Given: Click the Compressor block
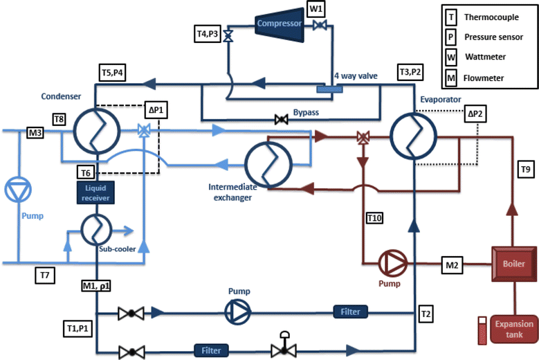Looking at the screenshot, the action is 280,24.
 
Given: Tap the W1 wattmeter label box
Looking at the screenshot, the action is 316,9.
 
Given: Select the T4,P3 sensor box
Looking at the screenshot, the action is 208,34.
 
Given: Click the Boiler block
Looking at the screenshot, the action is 514,264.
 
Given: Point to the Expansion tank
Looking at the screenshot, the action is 514,329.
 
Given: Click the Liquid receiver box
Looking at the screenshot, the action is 95,192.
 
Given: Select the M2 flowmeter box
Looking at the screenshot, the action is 452,265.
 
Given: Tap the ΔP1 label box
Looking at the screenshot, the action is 156,110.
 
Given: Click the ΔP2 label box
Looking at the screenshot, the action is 475,114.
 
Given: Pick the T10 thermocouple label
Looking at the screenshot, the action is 374,218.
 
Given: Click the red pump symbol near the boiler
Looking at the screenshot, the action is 393,263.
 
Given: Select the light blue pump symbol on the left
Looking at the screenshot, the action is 18,190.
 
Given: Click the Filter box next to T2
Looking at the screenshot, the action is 350,312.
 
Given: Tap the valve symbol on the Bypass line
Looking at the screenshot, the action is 282,120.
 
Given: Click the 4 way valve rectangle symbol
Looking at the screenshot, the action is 329,89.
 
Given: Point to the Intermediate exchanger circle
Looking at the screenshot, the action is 268,165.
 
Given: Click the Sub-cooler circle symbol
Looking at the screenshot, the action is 96,229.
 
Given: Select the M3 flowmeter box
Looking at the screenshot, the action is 35,133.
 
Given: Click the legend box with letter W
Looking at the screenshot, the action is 451,57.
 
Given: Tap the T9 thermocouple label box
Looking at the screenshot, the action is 526,170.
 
